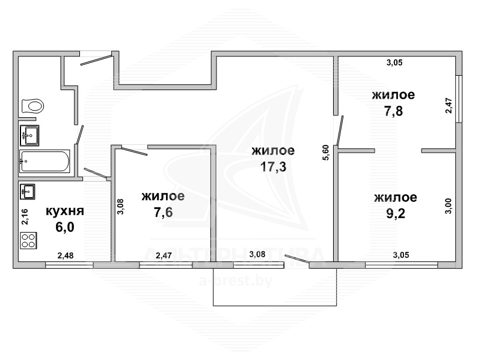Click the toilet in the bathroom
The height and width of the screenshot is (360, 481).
[33, 106]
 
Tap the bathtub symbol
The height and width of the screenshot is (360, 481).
[44, 161]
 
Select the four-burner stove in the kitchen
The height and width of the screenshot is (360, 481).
[28, 240]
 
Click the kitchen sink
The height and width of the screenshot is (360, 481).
[27, 192]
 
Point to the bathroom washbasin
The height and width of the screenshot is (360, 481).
[29, 135]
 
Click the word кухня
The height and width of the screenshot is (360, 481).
[65, 211]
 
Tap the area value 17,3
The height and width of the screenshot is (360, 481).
[273, 167]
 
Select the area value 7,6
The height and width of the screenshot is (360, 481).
[163, 212]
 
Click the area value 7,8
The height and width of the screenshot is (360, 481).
[394, 111]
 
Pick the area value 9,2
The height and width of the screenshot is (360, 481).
[396, 213]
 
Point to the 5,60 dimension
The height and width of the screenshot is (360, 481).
[326, 153]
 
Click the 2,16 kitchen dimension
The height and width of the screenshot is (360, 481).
[25, 217]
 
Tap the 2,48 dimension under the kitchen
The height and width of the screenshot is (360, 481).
[66, 255]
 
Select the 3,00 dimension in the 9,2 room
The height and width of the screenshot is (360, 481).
[448, 206]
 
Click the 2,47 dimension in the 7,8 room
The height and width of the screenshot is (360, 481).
[449, 106]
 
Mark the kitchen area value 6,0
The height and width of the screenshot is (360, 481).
[65, 227]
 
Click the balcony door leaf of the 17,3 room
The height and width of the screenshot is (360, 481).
[297, 258]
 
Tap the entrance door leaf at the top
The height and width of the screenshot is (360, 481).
[96, 59]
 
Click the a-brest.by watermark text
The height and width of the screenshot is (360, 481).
[236, 281]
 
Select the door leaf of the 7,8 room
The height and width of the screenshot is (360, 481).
[340, 130]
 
